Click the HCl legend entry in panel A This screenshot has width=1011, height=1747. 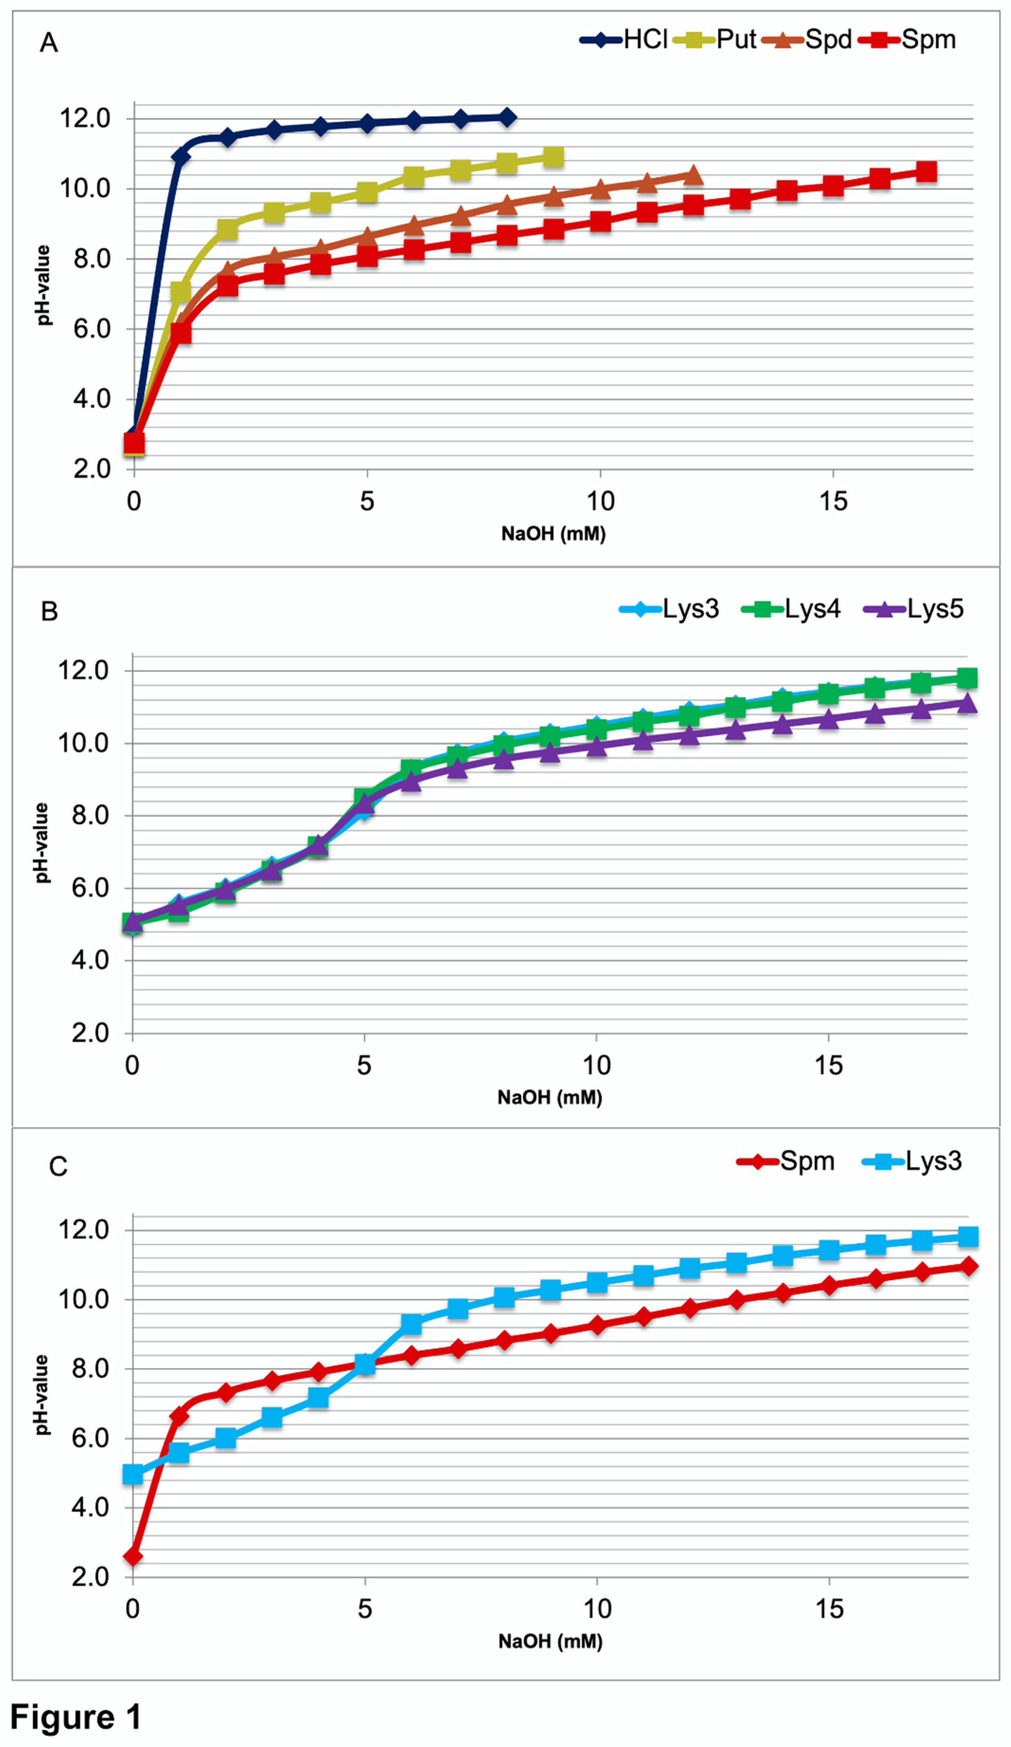pos(624,40)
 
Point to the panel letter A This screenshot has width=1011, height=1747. pos(49,43)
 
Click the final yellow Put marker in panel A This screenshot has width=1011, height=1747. pos(553,157)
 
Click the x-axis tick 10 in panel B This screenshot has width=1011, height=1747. pos(596,1066)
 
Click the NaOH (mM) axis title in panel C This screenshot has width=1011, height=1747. pos(550,1641)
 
